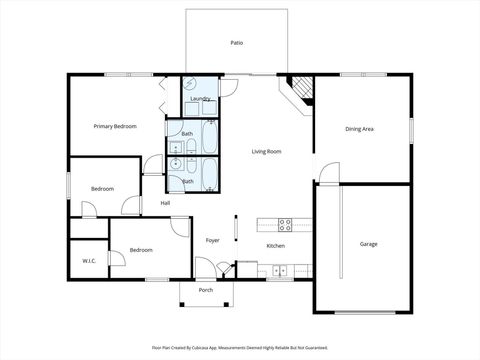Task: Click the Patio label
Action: point(237,43)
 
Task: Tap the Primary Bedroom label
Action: point(115,126)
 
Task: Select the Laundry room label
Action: point(200,98)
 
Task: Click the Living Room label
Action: point(266,151)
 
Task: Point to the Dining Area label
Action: point(360,129)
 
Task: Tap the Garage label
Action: point(369,244)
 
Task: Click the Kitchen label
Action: point(276,246)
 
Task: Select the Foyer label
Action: point(213,240)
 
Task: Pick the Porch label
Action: point(206,290)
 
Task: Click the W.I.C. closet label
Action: point(89,261)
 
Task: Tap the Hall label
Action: point(165,203)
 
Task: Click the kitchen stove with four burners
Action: point(284,223)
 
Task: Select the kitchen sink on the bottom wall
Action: point(280,268)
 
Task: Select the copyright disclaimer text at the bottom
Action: point(240,347)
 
